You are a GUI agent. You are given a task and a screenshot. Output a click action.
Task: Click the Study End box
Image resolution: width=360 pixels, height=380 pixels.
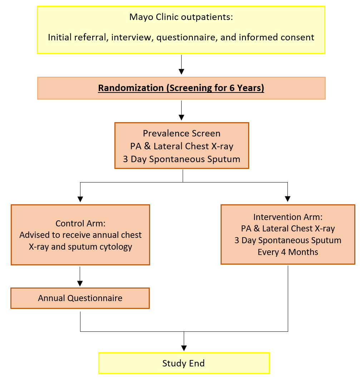(x=183, y=363)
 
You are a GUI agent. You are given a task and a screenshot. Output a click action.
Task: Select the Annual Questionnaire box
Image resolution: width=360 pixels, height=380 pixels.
(x=80, y=298)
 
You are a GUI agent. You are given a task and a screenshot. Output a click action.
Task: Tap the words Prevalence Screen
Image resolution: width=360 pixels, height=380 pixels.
(x=182, y=133)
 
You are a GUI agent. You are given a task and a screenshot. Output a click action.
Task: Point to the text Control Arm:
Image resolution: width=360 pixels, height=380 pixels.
(x=80, y=224)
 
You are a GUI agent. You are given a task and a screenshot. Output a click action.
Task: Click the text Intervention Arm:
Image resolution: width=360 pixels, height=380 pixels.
(x=288, y=217)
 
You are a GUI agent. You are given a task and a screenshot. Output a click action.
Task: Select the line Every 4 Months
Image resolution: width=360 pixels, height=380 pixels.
(x=288, y=252)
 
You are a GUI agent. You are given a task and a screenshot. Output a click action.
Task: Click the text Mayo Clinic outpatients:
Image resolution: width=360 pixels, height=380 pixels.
(x=181, y=17)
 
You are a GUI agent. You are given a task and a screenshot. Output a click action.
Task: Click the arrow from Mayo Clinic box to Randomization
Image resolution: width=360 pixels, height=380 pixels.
(x=182, y=65)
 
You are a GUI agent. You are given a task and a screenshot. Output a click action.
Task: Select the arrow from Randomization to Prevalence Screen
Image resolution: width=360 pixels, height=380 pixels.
(x=182, y=110)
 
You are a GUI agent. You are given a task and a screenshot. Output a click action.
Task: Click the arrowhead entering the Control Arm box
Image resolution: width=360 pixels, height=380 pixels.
(x=80, y=199)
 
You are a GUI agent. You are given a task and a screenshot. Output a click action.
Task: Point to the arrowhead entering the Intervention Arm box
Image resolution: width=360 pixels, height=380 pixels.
(x=288, y=199)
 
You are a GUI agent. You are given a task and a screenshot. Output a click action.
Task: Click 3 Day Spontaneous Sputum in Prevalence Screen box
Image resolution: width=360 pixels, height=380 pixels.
(x=182, y=159)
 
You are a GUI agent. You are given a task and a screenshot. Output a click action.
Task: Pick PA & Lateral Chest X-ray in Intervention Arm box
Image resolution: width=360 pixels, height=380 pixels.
(x=288, y=229)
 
